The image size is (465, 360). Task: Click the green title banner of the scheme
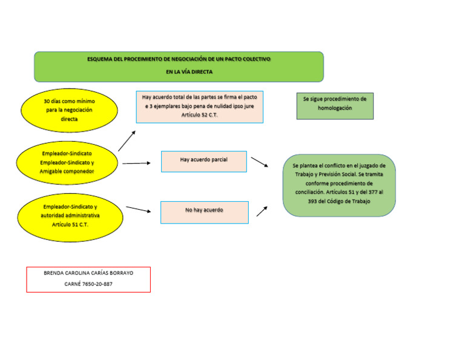click(x=179, y=66)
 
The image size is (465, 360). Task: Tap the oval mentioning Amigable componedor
click(x=67, y=163)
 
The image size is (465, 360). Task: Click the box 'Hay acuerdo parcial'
click(x=204, y=161)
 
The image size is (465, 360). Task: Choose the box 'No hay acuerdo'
click(x=204, y=212)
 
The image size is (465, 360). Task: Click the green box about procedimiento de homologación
click(x=335, y=105)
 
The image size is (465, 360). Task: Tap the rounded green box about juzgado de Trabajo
click(x=338, y=184)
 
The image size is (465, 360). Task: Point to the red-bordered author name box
click(x=88, y=279)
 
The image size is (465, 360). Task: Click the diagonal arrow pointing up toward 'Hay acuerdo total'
click(x=127, y=141)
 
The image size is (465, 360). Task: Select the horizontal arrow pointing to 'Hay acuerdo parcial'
click(x=136, y=163)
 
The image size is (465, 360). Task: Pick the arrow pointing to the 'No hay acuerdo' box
click(x=138, y=209)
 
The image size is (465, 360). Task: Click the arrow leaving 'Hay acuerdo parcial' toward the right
click(x=259, y=162)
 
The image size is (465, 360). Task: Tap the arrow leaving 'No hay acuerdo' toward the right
click(x=262, y=210)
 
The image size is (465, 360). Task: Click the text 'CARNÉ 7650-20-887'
click(x=88, y=284)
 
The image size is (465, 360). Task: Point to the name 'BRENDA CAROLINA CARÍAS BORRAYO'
click(x=88, y=273)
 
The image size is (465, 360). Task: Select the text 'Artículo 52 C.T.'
click(x=199, y=115)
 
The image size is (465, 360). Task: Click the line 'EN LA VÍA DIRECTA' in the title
click(x=189, y=72)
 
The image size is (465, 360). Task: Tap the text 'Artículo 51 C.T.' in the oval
click(x=70, y=224)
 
